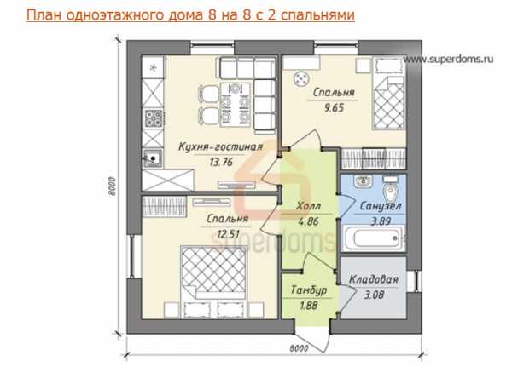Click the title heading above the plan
[190, 15]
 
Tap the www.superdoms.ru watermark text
[448, 59]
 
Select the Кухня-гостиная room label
[220, 146]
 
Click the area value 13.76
[221, 162]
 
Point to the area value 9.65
[334, 107]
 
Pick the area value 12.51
[229, 234]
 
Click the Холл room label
[308, 206]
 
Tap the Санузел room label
[381, 206]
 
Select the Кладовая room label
[374, 279]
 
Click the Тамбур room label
[309, 290]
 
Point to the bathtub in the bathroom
[373, 238]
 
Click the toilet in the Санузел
[390, 190]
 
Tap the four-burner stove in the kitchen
[153, 118]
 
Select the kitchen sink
[153, 158]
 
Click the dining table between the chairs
[236, 105]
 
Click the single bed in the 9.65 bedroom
[389, 93]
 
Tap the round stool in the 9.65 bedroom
[300, 79]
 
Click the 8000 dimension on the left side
[112, 186]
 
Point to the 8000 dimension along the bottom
[299, 348]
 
